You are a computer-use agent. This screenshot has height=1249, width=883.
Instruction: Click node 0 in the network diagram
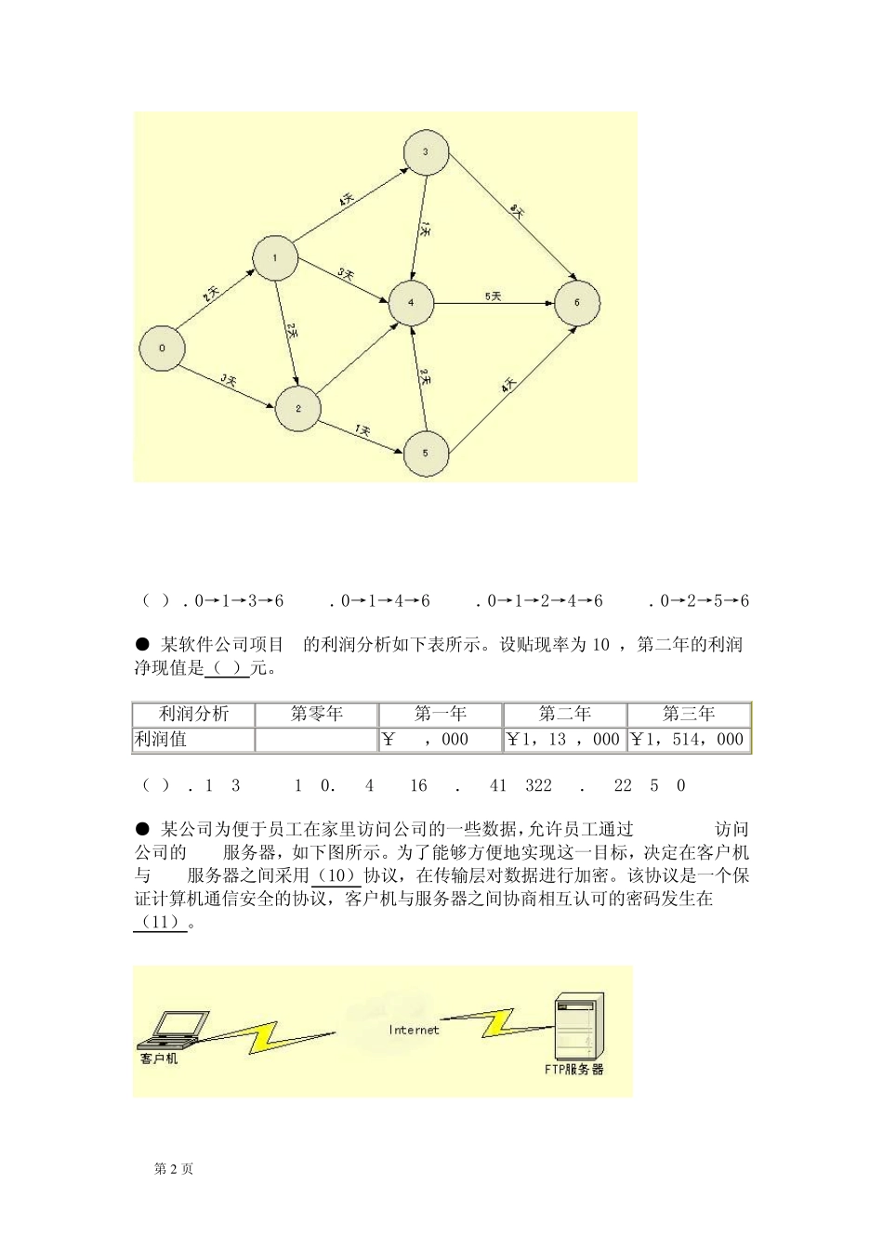162,348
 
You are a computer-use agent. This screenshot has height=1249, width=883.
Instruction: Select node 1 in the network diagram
275,257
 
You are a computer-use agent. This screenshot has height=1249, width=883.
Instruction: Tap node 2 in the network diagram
297,408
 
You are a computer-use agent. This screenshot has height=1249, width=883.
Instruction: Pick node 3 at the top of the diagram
426,152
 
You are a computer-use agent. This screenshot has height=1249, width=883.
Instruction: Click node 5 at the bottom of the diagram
426,454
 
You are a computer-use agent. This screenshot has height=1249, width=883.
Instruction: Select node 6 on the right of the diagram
577,303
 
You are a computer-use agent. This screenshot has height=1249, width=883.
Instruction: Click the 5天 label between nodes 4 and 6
493,296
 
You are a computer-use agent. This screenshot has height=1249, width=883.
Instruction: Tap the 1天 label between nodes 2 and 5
362,431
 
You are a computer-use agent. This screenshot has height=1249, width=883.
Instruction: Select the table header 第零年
317,714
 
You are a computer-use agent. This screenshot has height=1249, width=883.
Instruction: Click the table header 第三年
689,714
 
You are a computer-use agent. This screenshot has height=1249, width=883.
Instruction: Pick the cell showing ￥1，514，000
689,740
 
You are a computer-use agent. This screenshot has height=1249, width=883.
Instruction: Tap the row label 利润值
161,740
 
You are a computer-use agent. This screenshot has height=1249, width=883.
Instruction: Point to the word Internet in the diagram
414,1030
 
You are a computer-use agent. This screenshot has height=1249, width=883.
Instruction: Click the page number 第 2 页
173,1169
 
